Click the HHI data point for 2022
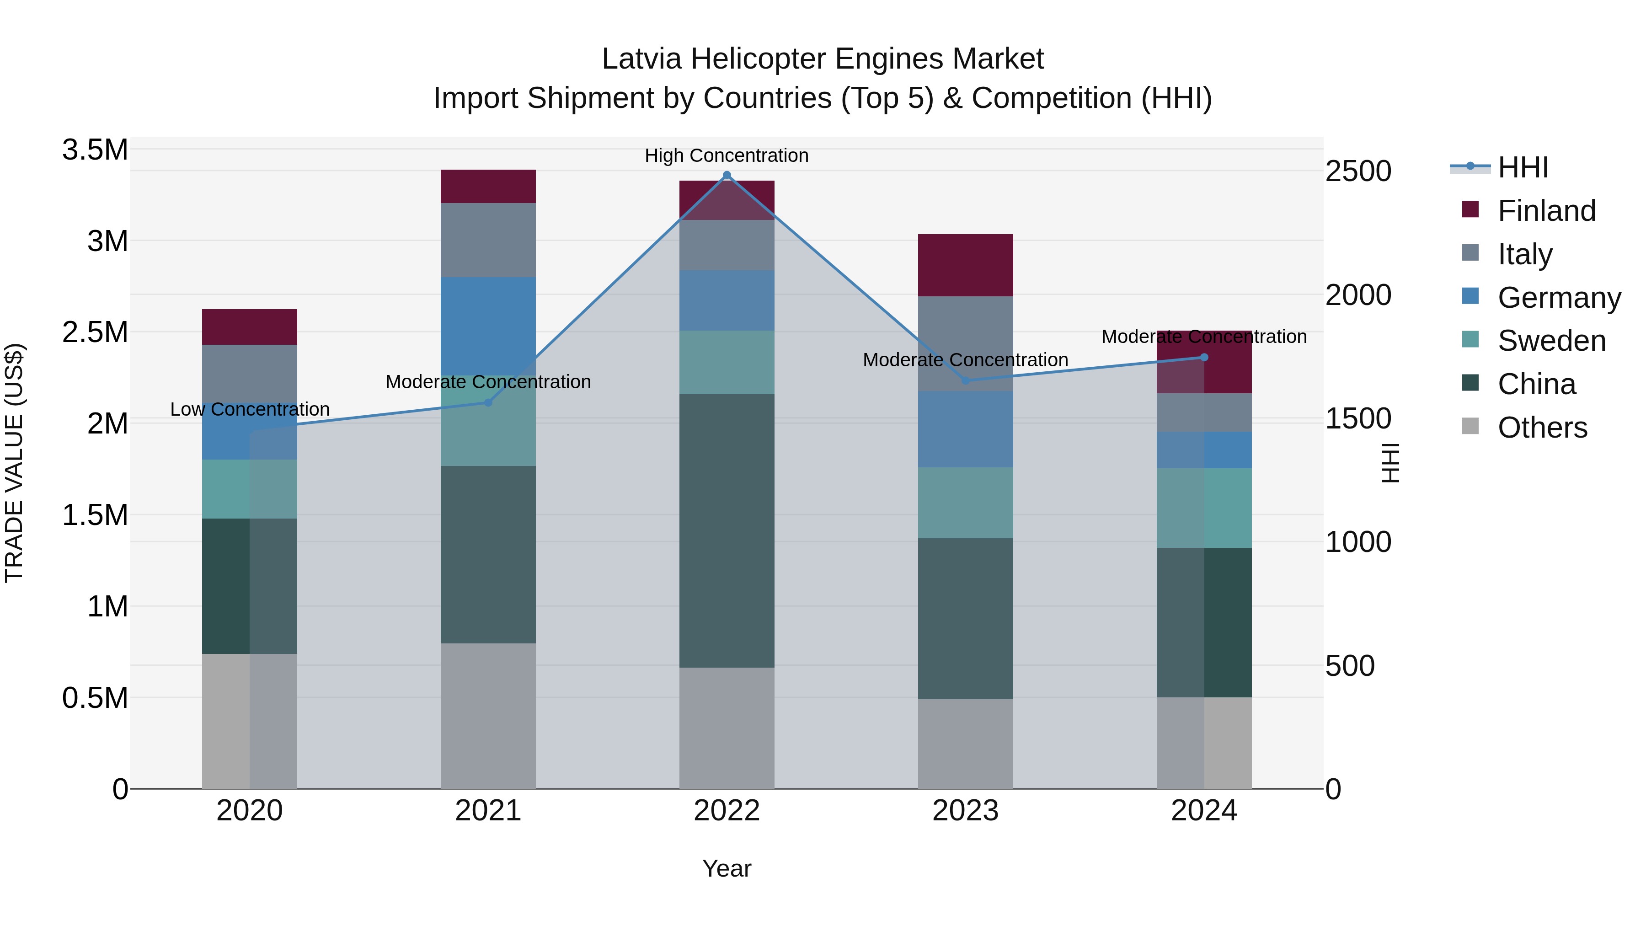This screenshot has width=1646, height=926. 727,175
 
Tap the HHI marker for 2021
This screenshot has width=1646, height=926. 488,402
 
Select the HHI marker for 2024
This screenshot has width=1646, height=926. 1204,357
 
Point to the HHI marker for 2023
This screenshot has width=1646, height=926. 966,381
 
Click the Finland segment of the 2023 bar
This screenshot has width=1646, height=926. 966,265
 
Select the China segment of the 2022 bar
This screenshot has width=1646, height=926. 727,530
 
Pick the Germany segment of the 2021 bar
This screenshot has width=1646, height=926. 488,326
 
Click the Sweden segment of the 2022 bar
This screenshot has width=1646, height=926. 727,362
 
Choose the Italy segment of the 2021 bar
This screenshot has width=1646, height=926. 488,240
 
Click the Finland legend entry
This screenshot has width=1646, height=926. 1546,211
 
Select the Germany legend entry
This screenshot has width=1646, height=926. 1559,298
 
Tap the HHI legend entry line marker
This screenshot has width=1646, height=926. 1470,167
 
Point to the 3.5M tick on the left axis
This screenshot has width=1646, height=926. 95,150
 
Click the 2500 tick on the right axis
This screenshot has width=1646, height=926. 1358,171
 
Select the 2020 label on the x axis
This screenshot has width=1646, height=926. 249,811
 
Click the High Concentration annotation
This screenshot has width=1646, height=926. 727,155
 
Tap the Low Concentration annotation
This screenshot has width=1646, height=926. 250,409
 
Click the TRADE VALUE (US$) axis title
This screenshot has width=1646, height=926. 14,463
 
